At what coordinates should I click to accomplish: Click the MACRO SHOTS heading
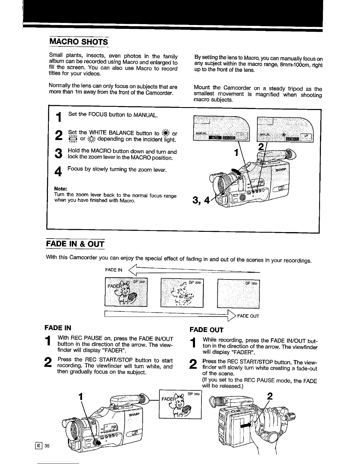(79, 41)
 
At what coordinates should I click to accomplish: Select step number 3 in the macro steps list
(59, 154)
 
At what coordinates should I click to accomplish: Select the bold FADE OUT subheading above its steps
(207, 330)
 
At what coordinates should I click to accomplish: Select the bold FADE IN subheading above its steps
(58, 328)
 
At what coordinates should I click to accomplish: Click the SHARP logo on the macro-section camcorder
(282, 170)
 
